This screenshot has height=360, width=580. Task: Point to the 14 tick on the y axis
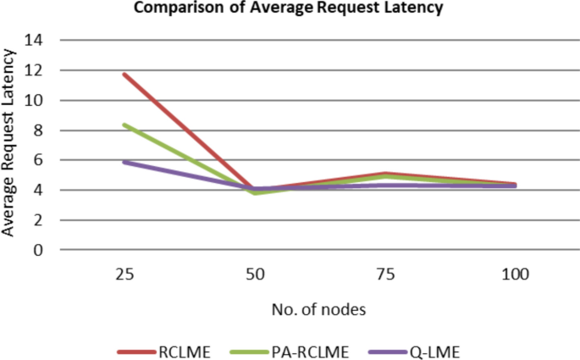coord(39,40)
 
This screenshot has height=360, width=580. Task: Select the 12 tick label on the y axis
coord(39,70)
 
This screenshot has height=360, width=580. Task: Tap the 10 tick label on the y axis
coord(39,100)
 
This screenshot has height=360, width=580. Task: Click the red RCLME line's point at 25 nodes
coord(124,75)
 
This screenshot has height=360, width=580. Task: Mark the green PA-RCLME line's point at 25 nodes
coord(124,125)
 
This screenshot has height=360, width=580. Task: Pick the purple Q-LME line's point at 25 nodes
coord(124,162)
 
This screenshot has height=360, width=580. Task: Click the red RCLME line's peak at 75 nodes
coord(385,174)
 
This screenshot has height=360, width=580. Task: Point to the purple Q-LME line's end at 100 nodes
coord(515,186)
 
